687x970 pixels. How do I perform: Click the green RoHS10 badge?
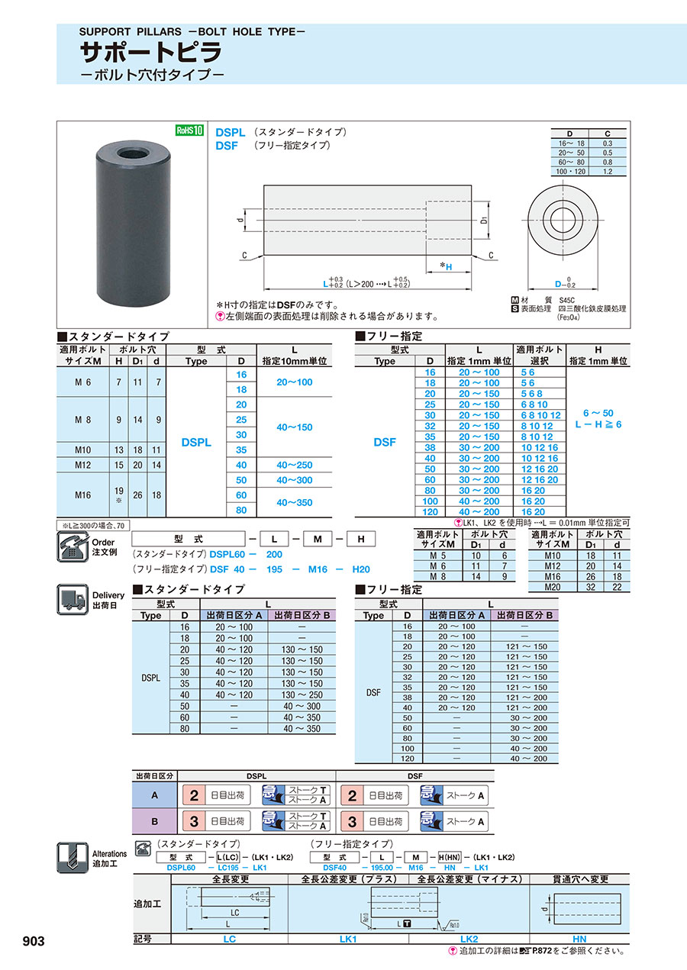(190, 131)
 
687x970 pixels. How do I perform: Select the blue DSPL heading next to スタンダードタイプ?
(230, 132)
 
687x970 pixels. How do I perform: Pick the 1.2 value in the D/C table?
(607, 172)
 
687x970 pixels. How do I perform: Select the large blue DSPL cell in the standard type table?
(196, 442)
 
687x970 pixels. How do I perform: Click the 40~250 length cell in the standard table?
(294, 465)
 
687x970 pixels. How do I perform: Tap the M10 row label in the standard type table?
(84, 450)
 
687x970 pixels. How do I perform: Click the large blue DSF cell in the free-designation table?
(385, 442)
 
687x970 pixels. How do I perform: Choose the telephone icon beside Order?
(72, 546)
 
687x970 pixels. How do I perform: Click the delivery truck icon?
(72, 599)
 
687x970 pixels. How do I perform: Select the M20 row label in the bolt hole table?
(550, 586)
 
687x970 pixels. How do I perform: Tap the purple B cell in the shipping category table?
(155, 821)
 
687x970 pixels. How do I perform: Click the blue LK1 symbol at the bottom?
(348, 939)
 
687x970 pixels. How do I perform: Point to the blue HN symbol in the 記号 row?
(579, 939)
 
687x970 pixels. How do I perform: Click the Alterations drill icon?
(72, 857)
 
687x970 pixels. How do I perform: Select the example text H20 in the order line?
(360, 569)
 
